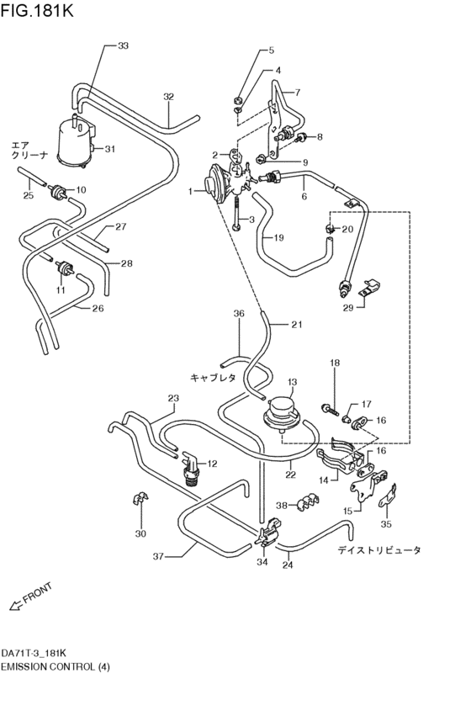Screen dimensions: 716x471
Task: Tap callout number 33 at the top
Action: (x=124, y=45)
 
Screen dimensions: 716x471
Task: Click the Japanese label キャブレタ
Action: (x=213, y=378)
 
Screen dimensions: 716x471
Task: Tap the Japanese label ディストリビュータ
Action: (x=379, y=549)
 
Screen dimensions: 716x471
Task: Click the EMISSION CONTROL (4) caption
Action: (x=56, y=666)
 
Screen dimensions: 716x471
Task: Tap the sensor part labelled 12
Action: (x=191, y=470)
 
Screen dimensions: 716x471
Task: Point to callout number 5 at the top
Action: (x=271, y=50)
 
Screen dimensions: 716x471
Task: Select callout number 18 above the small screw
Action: (x=334, y=363)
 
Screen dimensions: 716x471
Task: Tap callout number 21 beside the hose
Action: (x=295, y=324)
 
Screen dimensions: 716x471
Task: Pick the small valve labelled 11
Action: (x=63, y=270)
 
